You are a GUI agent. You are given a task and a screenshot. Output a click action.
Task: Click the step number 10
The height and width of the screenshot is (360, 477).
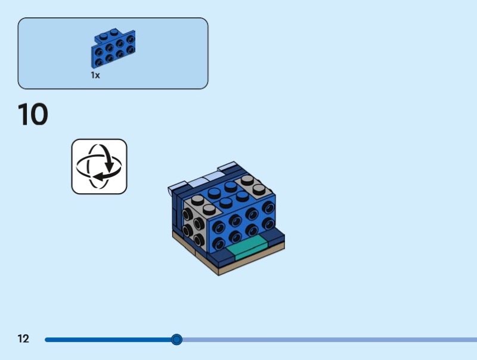click(x=33, y=114)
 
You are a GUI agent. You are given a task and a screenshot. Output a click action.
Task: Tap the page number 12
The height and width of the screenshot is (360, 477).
click(x=23, y=339)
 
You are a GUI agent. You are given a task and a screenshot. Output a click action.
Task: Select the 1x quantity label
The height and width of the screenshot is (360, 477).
click(x=95, y=75)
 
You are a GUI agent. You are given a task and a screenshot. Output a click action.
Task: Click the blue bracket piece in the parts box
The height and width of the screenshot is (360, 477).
click(x=113, y=48)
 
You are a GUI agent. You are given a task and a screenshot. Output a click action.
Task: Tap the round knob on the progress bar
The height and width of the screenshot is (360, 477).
click(x=176, y=339)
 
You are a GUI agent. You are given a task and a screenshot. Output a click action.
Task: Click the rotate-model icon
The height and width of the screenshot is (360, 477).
click(x=99, y=167)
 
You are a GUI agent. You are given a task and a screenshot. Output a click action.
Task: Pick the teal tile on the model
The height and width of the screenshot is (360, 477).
click(x=247, y=247)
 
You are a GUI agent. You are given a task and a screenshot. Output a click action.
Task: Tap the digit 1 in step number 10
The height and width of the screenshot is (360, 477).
click(x=22, y=114)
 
